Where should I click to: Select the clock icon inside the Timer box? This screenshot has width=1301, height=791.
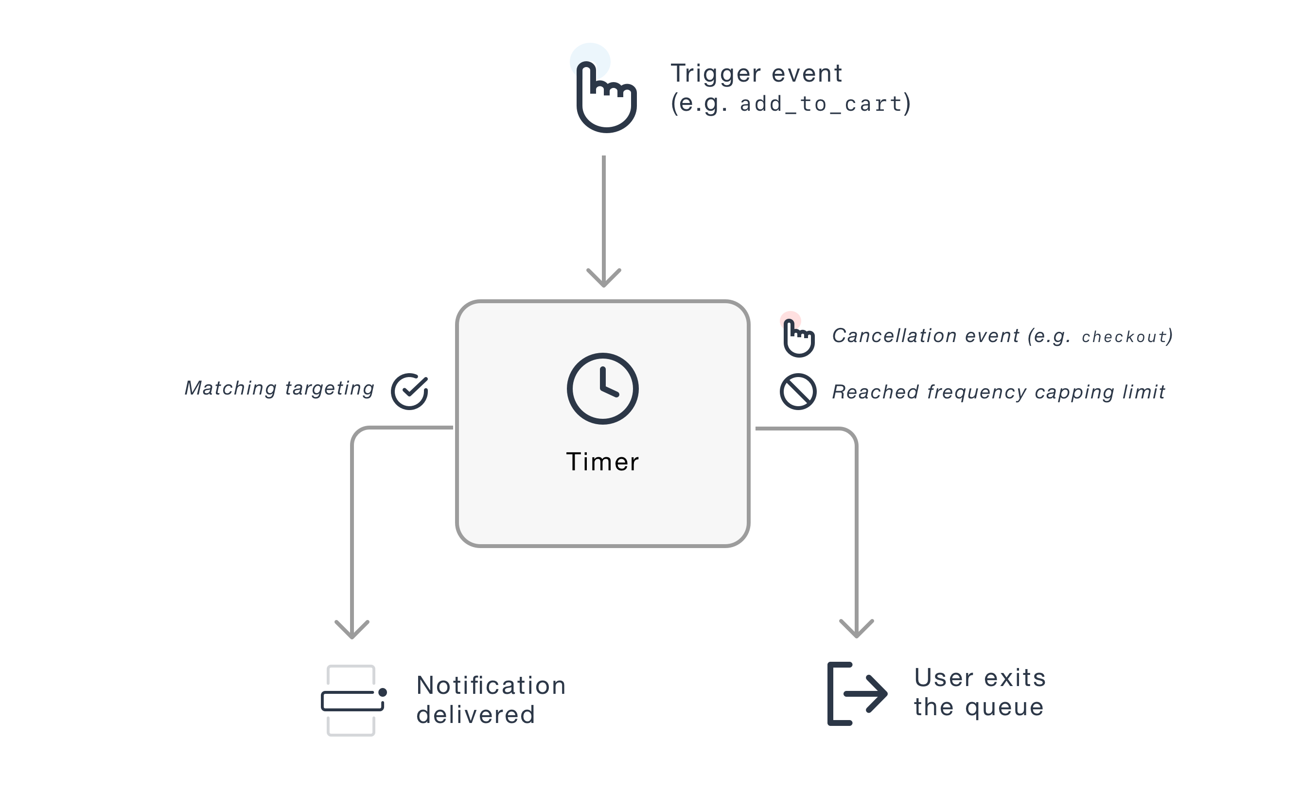click(602, 389)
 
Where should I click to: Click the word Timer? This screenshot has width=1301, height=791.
click(602, 462)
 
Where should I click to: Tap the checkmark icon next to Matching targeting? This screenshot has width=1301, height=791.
click(409, 391)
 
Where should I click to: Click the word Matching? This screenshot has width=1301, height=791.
click(230, 388)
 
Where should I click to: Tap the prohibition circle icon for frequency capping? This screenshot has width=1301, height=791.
click(798, 392)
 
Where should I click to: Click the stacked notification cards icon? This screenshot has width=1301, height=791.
click(351, 700)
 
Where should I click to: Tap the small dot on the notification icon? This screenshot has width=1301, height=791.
click(383, 692)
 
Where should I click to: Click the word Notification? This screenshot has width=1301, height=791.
click(491, 686)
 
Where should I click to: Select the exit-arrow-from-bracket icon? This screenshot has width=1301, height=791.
click(857, 694)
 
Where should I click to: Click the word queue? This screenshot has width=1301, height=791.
click(1004, 707)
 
